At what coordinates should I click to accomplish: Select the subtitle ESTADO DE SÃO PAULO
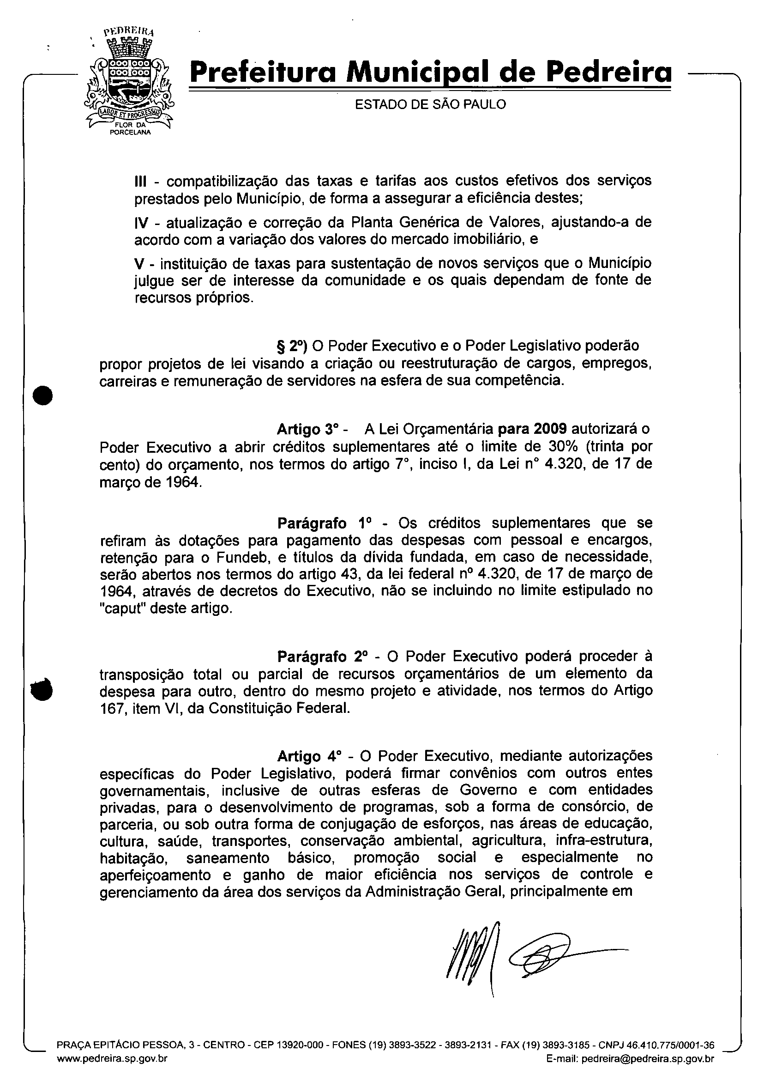tap(430, 104)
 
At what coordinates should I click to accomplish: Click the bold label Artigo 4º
tap(308, 756)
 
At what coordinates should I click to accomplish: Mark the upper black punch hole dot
tap(42, 396)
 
